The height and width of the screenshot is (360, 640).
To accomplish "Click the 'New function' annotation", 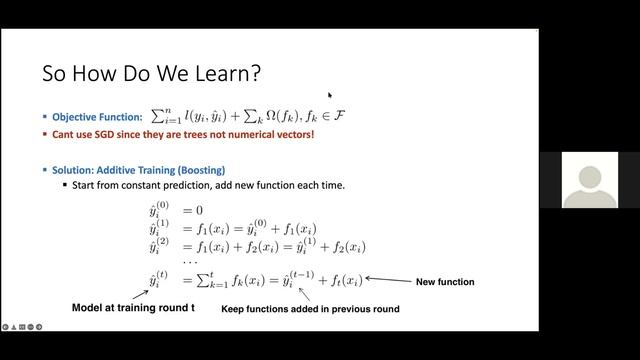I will pyautogui.click(x=444, y=282).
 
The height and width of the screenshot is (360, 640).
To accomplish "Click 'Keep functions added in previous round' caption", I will pyautogui.click(x=310, y=309).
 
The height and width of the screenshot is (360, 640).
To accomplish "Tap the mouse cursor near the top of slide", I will pyautogui.click(x=329, y=96).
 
